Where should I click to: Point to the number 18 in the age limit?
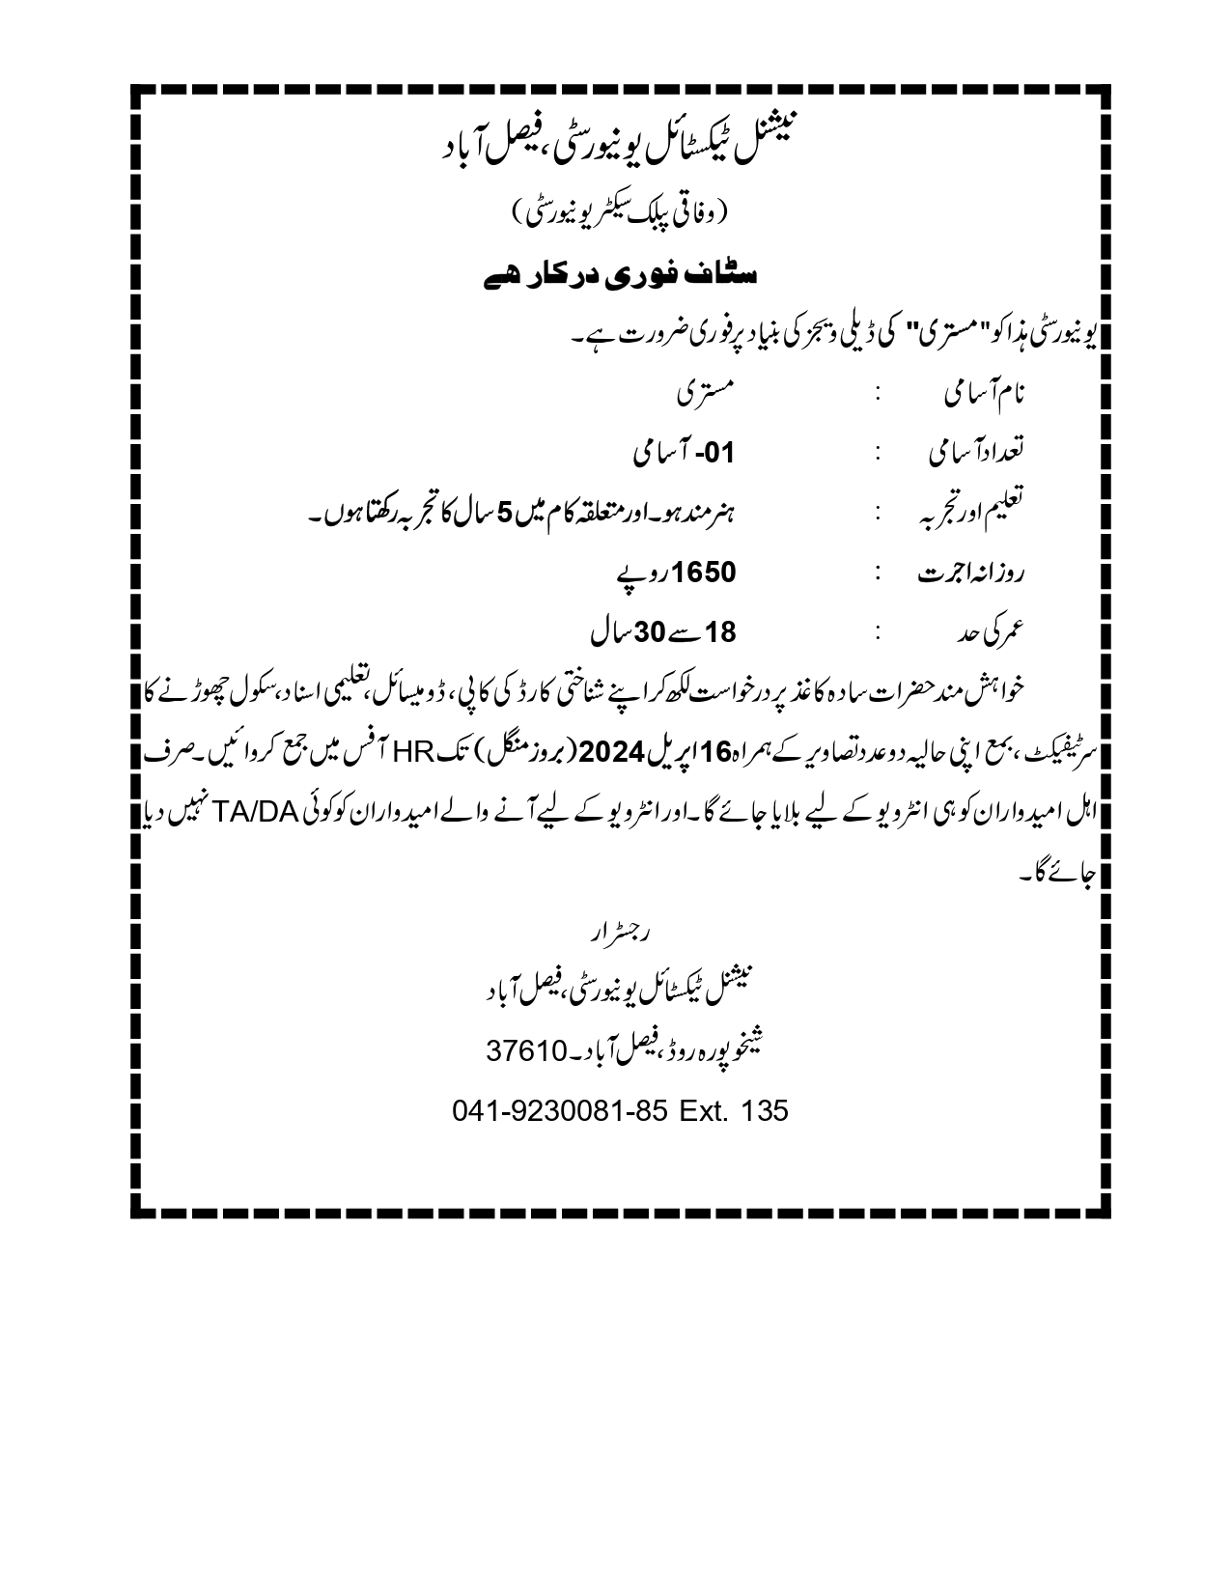pos(721,633)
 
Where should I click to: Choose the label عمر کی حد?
pos(993,633)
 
